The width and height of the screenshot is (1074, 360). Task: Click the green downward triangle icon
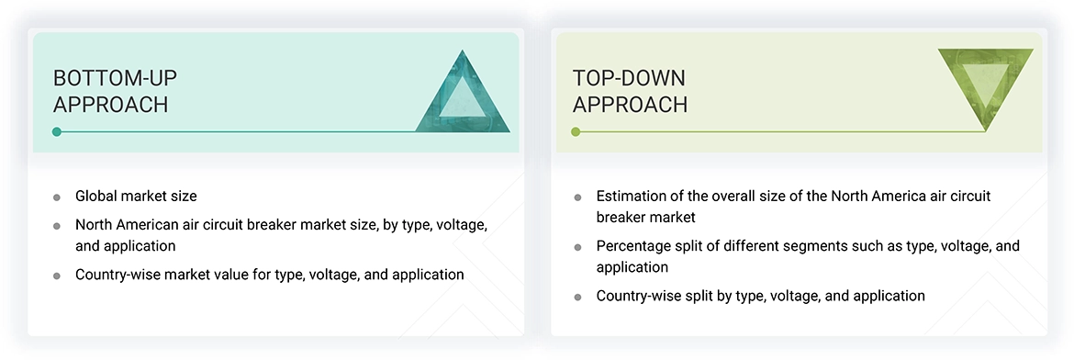click(x=985, y=84)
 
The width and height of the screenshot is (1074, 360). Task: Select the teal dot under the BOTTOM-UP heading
click(x=57, y=132)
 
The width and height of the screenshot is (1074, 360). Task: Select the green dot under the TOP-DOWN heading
click(x=576, y=132)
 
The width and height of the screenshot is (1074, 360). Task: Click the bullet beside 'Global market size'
click(x=57, y=197)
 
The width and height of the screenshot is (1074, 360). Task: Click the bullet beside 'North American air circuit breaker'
click(x=57, y=226)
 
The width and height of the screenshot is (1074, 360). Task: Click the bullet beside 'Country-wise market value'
click(x=57, y=276)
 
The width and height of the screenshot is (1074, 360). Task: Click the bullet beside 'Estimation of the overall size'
click(x=577, y=197)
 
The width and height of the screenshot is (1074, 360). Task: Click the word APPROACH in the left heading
click(x=110, y=105)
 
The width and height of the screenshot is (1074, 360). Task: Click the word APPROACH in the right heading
click(x=630, y=105)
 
